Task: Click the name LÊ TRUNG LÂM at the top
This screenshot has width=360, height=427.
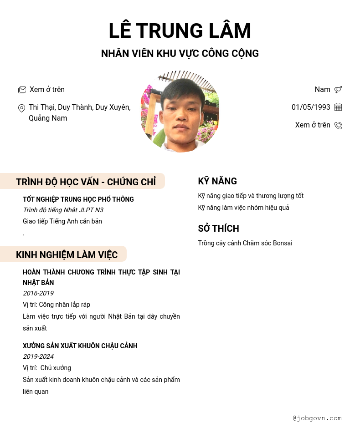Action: [180, 31]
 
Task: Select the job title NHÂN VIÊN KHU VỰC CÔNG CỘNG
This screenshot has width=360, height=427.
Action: [180, 54]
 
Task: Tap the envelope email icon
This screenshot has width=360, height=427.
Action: [22, 90]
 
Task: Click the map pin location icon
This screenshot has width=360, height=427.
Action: [21, 108]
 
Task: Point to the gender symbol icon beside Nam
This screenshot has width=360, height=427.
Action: [338, 90]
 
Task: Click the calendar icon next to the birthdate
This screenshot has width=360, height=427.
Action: [338, 107]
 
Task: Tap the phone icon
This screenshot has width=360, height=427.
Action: [338, 125]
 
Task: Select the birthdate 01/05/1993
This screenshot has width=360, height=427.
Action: [311, 107]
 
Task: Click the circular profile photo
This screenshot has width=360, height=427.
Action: [180, 112]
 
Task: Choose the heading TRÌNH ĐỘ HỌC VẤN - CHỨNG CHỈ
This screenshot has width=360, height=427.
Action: [86, 182]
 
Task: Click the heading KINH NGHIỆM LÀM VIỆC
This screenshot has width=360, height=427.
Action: [67, 255]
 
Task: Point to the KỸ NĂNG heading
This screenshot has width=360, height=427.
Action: [217, 181]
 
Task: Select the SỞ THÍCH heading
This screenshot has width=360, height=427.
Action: [218, 229]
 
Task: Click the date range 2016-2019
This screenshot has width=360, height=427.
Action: [38, 294]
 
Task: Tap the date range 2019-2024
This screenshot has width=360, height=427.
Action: [38, 357]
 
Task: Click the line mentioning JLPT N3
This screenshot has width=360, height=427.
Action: [63, 210]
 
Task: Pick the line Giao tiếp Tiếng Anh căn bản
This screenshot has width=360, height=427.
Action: [62, 222]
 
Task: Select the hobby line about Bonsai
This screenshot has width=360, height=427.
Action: [245, 244]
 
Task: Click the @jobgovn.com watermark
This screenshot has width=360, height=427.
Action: [317, 418]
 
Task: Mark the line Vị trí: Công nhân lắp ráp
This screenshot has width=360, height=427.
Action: [57, 305]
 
